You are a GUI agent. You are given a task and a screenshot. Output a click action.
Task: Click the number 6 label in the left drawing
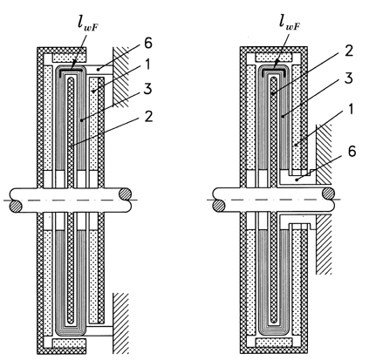tap(148, 44)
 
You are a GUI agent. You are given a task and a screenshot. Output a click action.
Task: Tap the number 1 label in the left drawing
tap(147, 65)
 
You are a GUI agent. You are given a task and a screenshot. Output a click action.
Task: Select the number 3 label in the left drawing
tap(148, 89)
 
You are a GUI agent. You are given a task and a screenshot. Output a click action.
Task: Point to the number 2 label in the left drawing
tap(148, 117)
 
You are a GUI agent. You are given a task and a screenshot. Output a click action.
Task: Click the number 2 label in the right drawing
tap(349, 51)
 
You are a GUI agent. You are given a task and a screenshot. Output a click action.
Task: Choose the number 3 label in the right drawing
tap(349, 78)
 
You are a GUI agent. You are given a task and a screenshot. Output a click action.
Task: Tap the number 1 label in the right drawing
tap(351, 110)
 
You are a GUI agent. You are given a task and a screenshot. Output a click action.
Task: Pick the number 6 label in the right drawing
tap(352, 152)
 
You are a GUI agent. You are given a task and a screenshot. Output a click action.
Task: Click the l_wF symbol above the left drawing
tap(89, 24)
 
